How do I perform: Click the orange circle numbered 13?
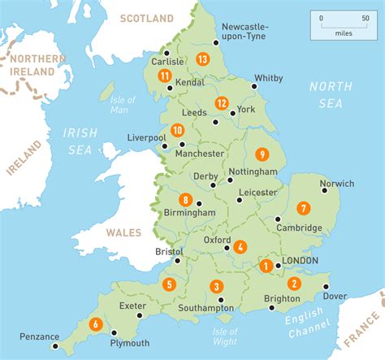point(202,59)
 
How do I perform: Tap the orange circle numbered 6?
point(95,323)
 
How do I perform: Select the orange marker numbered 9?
point(262,154)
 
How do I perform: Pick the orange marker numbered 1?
point(266,265)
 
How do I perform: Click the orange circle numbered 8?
point(187,200)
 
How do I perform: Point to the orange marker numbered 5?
point(169,284)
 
